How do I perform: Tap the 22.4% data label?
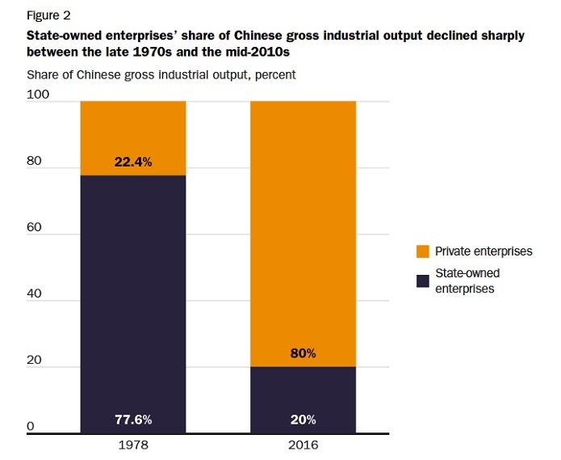tap(133, 162)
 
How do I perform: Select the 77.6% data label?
tap(133, 420)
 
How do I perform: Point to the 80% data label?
tap(303, 353)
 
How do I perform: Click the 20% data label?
tap(303, 420)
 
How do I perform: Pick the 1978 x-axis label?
tap(133, 445)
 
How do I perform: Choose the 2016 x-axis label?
tap(303, 445)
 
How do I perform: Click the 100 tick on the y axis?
tap(38, 95)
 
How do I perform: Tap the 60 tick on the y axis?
tap(35, 228)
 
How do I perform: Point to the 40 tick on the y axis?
tap(35, 294)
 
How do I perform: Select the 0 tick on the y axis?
tap(31, 426)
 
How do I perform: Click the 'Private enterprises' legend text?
tap(484, 251)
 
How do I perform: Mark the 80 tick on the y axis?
tap(35, 161)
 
